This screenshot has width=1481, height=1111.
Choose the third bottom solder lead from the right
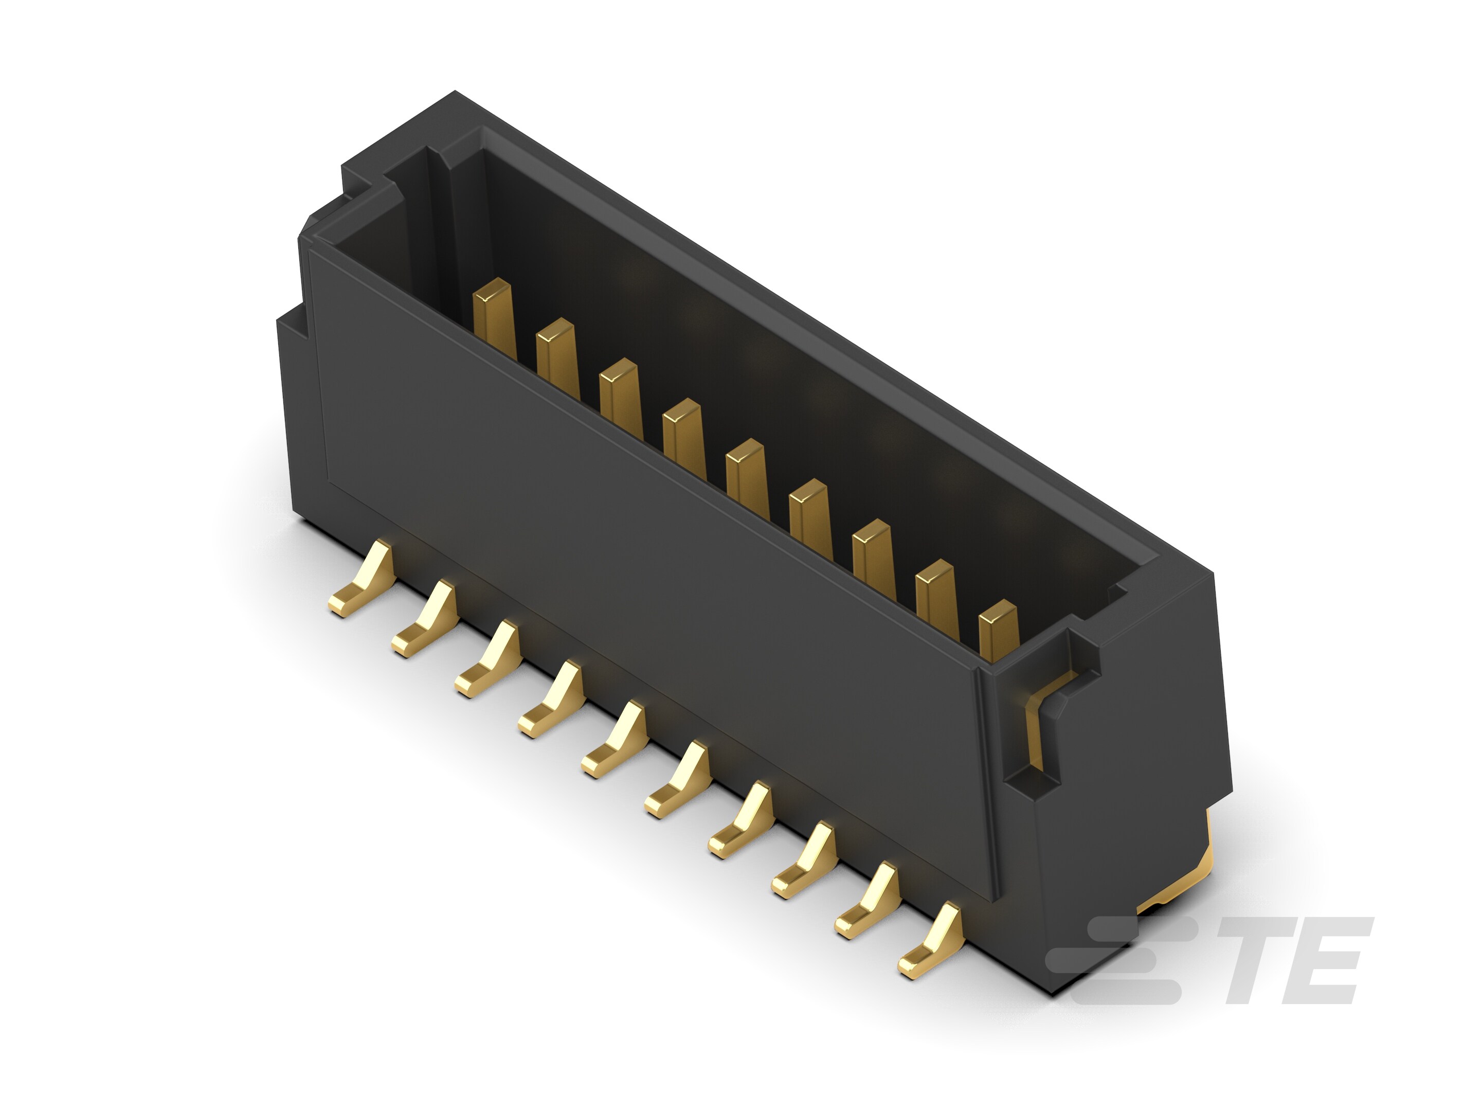pyautogui.click(x=803, y=860)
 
